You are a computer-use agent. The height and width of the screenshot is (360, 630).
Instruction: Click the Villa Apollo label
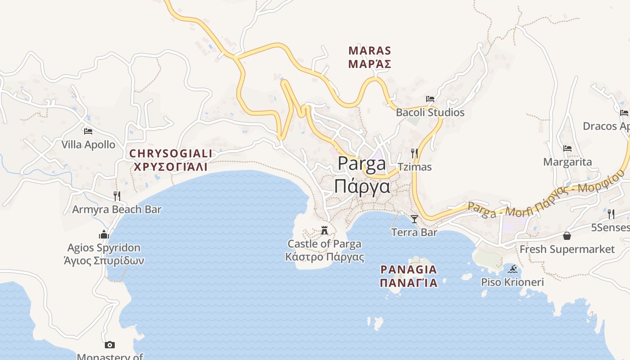pos(88,145)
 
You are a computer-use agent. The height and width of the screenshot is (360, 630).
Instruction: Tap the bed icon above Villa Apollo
pos(88,131)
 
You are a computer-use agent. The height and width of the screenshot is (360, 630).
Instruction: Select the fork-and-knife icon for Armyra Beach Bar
pos(117,196)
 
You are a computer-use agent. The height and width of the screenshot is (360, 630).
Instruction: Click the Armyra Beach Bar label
pos(117,209)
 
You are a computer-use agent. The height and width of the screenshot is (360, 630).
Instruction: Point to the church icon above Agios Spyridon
pos(104,234)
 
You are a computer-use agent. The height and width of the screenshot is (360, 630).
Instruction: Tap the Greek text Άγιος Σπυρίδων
pos(104,261)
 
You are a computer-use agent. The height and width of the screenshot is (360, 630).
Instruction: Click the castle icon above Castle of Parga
pos(324,231)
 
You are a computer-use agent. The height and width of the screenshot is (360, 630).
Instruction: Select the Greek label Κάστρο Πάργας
pos(324,257)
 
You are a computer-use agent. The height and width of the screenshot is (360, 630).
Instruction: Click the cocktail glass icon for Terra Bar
pos(414,219)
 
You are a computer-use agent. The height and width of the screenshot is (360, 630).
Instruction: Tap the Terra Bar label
pos(414,233)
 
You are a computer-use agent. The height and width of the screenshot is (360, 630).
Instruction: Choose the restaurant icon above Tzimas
pos(414,153)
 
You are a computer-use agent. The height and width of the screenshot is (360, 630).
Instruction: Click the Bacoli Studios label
pos(430,112)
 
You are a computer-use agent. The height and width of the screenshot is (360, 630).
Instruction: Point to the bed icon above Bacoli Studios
pos(430,99)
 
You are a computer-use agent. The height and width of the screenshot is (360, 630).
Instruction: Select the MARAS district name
pos(369,50)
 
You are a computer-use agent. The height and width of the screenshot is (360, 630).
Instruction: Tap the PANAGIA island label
pos(409,270)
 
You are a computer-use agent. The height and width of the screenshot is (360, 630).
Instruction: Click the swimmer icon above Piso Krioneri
pos(513,269)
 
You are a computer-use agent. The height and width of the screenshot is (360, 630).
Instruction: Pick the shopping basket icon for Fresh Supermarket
pos(567,236)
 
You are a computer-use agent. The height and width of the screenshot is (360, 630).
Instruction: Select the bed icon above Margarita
pos(567,148)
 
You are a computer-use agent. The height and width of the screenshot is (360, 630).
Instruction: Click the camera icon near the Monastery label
pos(109,345)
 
